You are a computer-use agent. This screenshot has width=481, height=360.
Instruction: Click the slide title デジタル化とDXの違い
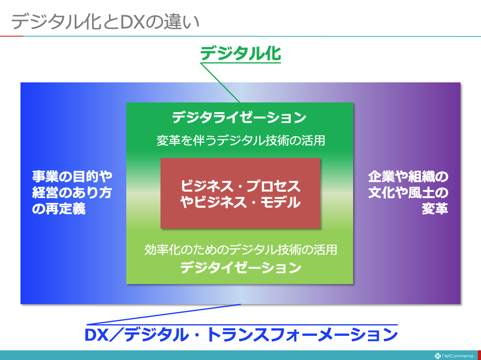(105, 22)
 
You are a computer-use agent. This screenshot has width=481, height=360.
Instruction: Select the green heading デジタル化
(240, 54)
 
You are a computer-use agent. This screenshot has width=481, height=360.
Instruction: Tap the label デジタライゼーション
(239, 117)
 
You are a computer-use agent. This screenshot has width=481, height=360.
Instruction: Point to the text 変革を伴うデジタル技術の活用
(241, 141)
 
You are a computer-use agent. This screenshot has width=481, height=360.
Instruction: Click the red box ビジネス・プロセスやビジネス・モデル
(240, 193)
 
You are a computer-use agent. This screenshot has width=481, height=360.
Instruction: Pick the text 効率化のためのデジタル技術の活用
(241, 250)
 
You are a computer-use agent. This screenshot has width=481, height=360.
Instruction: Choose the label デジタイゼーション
(240, 268)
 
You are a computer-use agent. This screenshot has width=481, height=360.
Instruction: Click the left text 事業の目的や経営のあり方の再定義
(72, 193)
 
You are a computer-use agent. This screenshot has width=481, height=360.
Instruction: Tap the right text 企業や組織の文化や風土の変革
(408, 193)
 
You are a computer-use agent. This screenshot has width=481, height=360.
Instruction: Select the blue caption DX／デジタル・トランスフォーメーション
(241, 335)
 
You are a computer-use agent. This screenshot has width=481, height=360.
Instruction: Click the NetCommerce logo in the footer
(454, 356)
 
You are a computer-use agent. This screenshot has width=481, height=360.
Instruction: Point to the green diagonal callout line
(220, 83)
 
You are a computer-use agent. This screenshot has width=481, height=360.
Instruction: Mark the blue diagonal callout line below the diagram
(164, 314)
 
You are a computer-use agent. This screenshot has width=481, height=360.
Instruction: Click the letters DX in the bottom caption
(97, 335)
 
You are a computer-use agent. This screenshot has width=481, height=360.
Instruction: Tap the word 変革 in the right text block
(435, 209)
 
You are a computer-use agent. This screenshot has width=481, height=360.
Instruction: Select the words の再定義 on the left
(59, 209)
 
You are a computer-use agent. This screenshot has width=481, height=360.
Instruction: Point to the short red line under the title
(12, 36)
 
